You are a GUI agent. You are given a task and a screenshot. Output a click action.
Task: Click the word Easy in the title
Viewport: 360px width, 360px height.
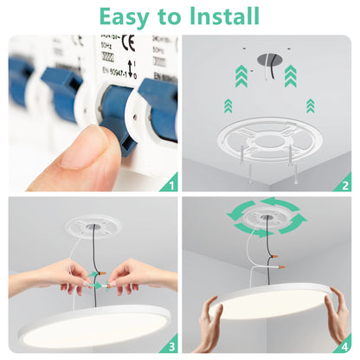coord(127,16)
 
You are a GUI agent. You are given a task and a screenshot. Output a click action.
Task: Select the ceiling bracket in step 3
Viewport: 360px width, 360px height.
coord(90,216)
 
